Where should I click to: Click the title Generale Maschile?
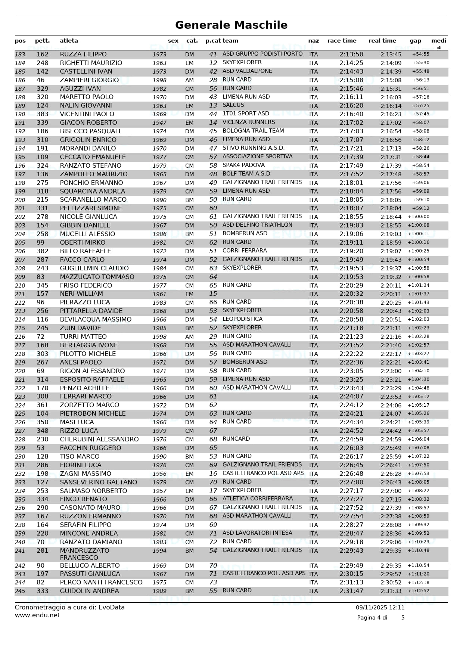click(x=231, y=25)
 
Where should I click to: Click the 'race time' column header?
click(x=342, y=41)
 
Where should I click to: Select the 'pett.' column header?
click(x=42, y=41)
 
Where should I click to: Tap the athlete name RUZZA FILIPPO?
click(x=83, y=55)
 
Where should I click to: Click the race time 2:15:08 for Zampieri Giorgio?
click(x=351, y=80)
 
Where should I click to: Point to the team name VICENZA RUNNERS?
click(x=248, y=122)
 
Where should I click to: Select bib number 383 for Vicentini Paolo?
click(x=43, y=114)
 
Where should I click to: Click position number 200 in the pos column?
click(x=20, y=200)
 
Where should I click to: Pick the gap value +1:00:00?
click(x=418, y=217)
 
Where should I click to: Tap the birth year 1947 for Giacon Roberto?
click(x=159, y=123)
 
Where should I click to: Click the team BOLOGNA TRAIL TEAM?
click(x=253, y=131)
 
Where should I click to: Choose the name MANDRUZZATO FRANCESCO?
click(x=84, y=554)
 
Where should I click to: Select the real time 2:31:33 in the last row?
click(x=391, y=591)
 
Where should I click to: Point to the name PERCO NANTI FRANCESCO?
click(x=101, y=582)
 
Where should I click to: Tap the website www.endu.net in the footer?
click(x=37, y=615)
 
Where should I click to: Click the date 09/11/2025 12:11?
click(x=380, y=608)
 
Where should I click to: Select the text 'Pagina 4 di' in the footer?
click(x=372, y=618)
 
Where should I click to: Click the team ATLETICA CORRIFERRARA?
click(x=258, y=499)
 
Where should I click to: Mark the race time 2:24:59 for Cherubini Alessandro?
click(x=351, y=439)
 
